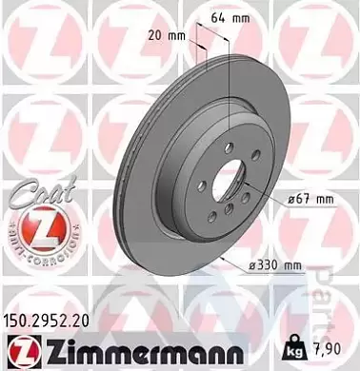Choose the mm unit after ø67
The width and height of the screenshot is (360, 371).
click(324, 199)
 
